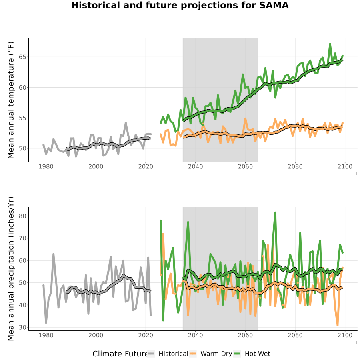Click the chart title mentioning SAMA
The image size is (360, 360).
tap(180, 6)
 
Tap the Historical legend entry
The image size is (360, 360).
tap(167, 354)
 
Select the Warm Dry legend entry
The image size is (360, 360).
tap(210, 354)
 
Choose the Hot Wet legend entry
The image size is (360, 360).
tap(252, 354)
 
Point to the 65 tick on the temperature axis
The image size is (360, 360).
tap(22, 57)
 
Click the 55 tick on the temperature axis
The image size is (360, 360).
tap(22, 118)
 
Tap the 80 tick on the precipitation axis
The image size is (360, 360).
tap(22, 216)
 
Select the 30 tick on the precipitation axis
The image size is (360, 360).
tap(22, 327)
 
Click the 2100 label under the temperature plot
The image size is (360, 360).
tap(345, 166)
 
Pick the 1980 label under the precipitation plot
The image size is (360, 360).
tap(46, 335)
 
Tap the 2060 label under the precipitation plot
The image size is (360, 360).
tap(245, 335)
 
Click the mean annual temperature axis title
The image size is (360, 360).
tap(11, 100)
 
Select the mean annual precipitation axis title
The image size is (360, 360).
tap(11, 269)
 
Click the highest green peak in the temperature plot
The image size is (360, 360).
tap(330, 44)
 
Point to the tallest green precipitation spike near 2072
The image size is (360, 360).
tap(275, 213)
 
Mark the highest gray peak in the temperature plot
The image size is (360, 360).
tap(126, 123)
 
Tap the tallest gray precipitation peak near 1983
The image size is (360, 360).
tap(53, 254)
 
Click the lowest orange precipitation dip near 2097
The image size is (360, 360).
tap(337, 325)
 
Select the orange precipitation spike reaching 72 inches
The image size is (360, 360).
tap(163, 234)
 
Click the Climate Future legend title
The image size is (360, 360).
tap(120, 354)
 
